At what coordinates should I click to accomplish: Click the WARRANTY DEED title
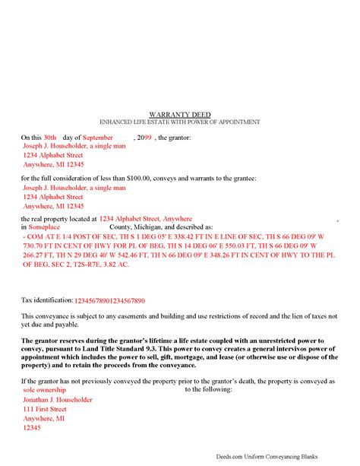click(180, 113)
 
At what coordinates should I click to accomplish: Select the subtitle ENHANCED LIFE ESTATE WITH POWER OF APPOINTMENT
click(180, 122)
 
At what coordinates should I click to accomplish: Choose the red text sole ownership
click(49, 389)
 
